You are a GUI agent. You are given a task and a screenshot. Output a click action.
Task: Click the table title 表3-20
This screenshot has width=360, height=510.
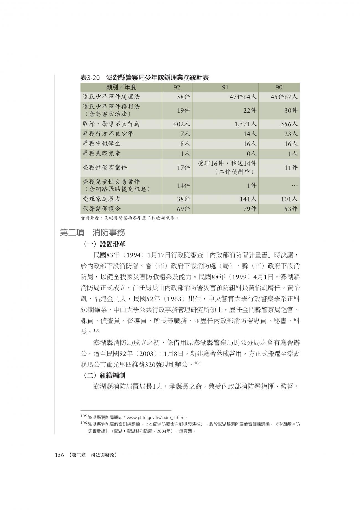(x=90, y=78)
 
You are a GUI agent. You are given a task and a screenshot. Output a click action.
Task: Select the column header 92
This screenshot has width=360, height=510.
(x=177, y=87)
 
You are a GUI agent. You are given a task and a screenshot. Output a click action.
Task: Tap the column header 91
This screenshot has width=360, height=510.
(x=225, y=87)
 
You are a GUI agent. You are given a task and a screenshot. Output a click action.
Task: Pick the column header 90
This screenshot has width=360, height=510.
(x=279, y=87)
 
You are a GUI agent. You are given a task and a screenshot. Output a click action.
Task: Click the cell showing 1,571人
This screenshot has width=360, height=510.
(x=245, y=124)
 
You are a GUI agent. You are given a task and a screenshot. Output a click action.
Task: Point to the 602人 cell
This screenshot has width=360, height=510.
(x=182, y=124)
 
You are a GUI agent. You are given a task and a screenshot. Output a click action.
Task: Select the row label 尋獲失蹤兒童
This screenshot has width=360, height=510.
(x=102, y=153)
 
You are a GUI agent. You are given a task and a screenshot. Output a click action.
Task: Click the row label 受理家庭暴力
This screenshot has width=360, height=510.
(x=102, y=199)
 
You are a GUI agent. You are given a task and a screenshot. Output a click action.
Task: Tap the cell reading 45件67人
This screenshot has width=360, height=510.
(x=284, y=97)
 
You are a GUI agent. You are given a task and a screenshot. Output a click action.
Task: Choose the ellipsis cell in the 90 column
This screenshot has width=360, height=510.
(x=294, y=185)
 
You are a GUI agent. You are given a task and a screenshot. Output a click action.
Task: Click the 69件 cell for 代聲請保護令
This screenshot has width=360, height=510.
(x=184, y=209)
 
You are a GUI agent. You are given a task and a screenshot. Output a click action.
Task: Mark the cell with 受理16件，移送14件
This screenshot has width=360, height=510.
(x=227, y=163)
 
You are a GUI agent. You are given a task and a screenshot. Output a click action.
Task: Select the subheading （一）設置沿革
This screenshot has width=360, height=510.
(x=104, y=244)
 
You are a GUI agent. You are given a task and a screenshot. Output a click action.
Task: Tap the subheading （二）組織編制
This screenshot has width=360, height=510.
(x=104, y=375)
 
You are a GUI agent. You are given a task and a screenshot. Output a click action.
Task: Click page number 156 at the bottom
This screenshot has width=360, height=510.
(x=60, y=455)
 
